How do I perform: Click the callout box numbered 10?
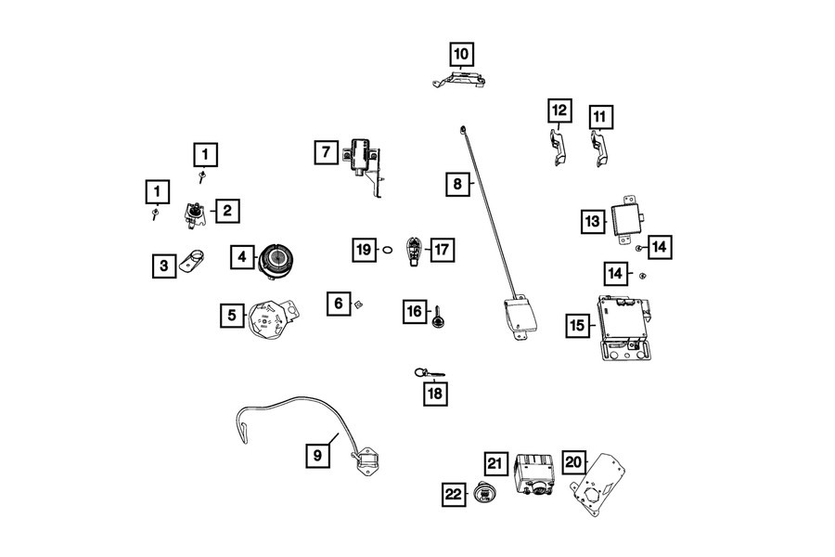(462, 54)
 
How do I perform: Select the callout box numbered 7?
(326, 151)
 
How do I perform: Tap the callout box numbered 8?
(456, 184)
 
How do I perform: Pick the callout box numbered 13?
(593, 222)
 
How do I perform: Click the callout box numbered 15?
(578, 325)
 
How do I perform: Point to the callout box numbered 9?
(317, 455)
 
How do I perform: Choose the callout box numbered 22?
(454, 495)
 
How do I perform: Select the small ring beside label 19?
(389, 250)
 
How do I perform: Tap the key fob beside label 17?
(414, 250)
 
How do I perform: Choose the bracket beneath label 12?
(557, 147)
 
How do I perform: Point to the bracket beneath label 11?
(600, 147)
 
